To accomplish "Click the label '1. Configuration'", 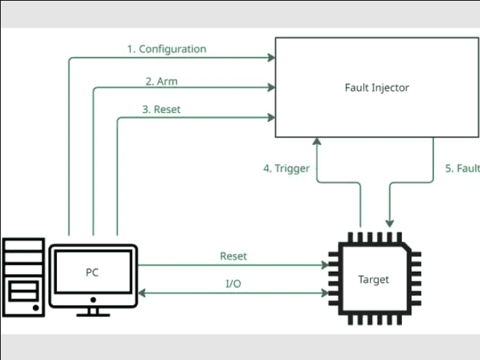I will (166, 50).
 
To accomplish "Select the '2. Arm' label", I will (162, 81).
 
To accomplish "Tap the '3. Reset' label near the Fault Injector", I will (161, 109).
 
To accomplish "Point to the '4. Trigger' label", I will (286, 168).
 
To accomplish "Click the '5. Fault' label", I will (462, 168).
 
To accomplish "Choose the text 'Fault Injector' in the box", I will (376, 87).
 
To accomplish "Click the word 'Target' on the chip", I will (373, 279).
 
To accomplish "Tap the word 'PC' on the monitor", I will (92, 273).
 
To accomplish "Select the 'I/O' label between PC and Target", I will (232, 283).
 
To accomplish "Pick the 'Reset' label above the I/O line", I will (233, 257).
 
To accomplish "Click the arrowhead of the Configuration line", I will (271, 58).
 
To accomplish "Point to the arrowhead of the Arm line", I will (271, 88).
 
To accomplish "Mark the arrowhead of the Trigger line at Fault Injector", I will (317, 141).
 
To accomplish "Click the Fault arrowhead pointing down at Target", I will (391, 222).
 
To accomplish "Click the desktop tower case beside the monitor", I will (24, 278).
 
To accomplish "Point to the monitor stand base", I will (93, 314).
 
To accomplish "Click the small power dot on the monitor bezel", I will (93, 299).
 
